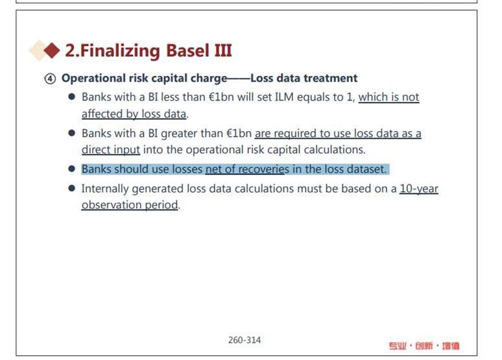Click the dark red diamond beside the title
click(x=52, y=50)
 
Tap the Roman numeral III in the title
click(x=223, y=51)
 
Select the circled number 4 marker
click(x=50, y=78)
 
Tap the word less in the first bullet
click(x=170, y=97)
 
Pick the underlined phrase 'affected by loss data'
click(x=134, y=114)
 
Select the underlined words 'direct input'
click(x=111, y=150)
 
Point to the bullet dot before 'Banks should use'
click(x=72, y=169)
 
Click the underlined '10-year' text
click(x=419, y=189)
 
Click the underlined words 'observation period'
click(x=130, y=205)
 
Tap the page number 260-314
click(x=245, y=340)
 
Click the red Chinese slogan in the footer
click(x=424, y=346)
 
